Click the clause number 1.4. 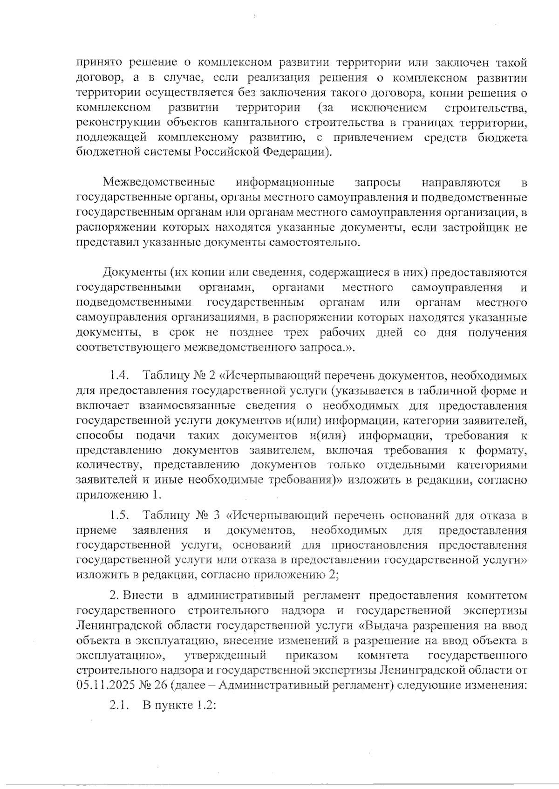119,375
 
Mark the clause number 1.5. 119,515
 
